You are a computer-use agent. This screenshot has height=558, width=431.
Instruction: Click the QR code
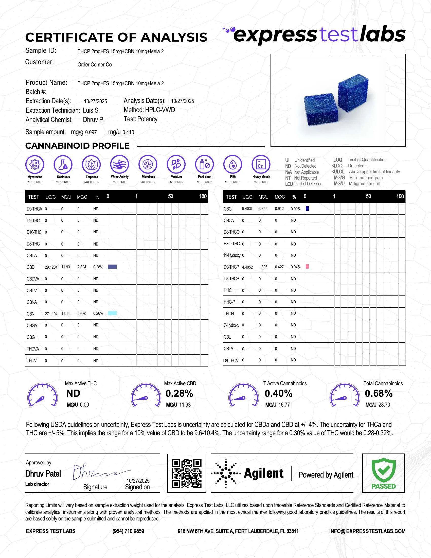tap(186, 473)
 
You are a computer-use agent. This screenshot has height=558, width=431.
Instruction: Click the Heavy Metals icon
tap(261, 164)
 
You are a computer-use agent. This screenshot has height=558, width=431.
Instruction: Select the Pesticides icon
tap(204, 164)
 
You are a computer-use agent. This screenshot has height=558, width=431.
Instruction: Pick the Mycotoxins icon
tap(35, 164)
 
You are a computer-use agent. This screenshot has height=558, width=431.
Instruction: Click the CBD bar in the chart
tap(112, 267)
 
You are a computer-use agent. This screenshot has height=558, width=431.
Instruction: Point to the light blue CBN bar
tap(112, 313)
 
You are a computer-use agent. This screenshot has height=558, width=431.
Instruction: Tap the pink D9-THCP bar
tap(308, 267)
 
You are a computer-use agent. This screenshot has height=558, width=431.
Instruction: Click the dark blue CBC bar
tap(308, 208)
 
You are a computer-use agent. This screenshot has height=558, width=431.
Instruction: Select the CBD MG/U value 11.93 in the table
tap(66, 267)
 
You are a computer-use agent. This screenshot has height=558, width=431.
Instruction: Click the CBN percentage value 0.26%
tap(98, 313)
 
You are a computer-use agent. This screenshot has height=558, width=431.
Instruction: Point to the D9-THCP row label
tap(231, 267)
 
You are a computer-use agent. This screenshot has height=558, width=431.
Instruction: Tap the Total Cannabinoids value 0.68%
tap(379, 393)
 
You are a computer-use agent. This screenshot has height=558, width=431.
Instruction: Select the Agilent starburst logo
tap(226, 473)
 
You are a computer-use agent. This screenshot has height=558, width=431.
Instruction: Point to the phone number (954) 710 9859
tap(128, 531)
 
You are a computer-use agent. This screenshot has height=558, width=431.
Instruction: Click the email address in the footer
tap(367, 531)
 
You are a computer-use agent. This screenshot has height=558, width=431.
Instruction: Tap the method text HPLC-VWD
tap(160, 110)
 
